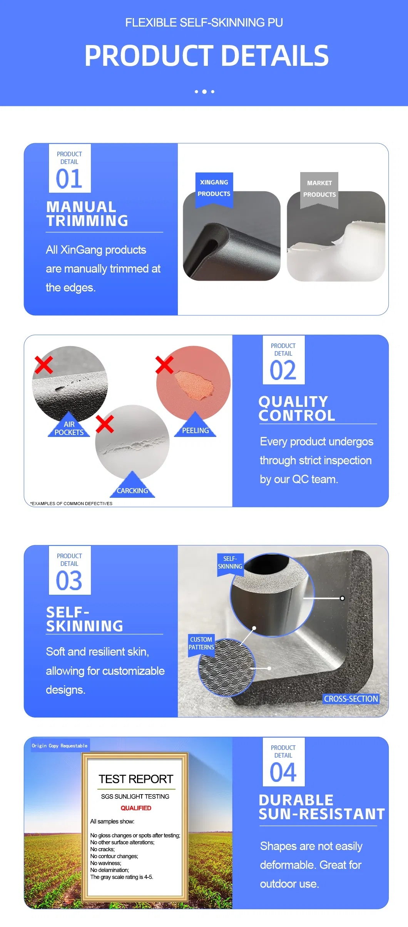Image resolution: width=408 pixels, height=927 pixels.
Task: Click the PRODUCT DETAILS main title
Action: [206, 55]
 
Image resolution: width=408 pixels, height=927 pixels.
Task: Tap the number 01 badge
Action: [70, 168]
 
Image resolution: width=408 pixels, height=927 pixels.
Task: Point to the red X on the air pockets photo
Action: [43, 365]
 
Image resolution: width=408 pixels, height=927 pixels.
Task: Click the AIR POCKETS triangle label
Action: [69, 425]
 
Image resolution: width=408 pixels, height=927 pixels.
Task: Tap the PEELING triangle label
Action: [195, 425]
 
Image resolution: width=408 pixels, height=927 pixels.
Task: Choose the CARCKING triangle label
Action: [132, 485]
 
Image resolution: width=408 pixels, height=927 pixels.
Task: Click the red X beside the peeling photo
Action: [164, 365]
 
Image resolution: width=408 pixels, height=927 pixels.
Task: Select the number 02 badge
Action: [284, 360]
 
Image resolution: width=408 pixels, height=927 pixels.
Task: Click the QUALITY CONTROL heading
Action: [297, 408]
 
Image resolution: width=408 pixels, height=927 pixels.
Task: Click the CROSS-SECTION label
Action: [351, 699]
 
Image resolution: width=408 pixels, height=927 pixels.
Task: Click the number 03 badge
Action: [70, 570]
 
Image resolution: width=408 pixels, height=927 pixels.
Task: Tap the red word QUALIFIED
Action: [136, 808]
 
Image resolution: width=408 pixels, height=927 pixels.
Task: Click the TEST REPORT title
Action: [136, 779]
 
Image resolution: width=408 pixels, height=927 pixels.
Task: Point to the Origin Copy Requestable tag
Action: [60, 746]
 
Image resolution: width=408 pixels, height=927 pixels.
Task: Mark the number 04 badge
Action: [284, 762]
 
